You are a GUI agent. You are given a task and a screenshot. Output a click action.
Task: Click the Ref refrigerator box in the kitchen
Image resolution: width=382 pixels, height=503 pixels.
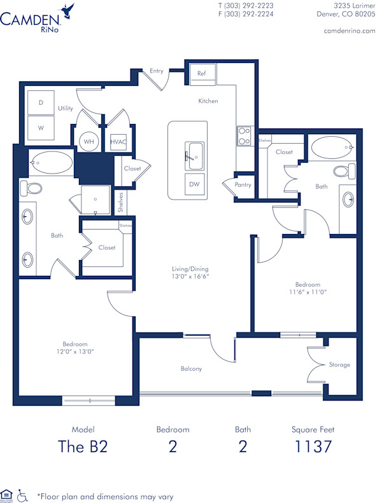tap(202, 74)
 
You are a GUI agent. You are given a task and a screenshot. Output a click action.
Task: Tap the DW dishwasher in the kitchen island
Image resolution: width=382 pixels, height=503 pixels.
tap(195, 184)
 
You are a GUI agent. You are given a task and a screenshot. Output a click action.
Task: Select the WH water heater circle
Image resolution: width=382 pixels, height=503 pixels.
tap(88, 141)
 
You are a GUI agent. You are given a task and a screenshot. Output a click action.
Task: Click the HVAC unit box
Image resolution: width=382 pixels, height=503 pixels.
tap(118, 142)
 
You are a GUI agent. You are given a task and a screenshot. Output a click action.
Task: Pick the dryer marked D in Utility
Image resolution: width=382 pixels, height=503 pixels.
tap(41, 102)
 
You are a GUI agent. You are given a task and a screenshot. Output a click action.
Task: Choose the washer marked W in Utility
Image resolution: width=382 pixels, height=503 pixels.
tap(41, 127)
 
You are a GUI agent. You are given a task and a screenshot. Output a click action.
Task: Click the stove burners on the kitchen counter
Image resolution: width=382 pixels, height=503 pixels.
tap(244, 136)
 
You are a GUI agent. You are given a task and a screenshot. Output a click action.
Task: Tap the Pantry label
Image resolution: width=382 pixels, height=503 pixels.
tap(243, 185)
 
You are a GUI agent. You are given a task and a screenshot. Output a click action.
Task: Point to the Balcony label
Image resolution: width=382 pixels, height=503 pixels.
tap(191, 369)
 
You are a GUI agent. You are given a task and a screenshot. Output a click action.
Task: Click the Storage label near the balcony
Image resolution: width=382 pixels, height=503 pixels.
tap(339, 365)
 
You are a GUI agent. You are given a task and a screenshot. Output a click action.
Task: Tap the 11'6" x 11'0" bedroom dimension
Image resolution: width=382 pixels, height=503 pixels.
tap(308, 292)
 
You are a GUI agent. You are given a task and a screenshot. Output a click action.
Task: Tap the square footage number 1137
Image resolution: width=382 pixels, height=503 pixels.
tap(314, 446)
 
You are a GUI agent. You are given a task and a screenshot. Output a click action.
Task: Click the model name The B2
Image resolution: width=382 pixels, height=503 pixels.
tap(83, 446)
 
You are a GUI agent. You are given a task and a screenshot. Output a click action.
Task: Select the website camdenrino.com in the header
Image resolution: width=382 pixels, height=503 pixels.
tap(350, 31)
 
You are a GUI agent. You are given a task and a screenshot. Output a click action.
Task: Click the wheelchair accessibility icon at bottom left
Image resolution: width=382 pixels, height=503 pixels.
tap(23, 494)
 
